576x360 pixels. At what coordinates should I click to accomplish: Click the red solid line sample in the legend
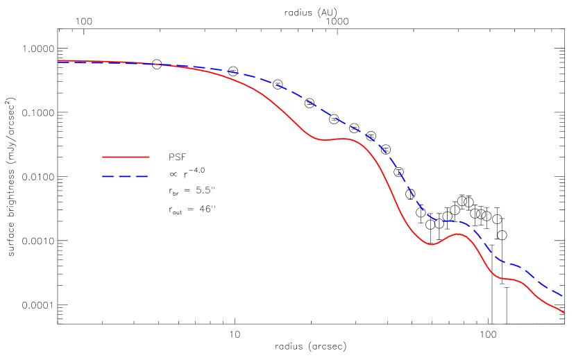point(126,157)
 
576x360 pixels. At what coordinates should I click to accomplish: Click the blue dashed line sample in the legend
point(126,176)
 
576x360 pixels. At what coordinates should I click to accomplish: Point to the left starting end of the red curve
point(59,61)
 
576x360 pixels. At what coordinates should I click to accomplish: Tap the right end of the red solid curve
point(564,313)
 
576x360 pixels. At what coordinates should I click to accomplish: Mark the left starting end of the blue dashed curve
point(59,62)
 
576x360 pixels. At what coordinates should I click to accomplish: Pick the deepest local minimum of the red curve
point(432,244)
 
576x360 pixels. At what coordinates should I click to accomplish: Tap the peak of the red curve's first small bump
point(345,139)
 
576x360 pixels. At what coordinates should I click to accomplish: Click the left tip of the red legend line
point(103,157)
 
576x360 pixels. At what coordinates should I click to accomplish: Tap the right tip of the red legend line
point(149,157)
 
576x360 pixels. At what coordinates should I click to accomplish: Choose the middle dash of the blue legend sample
point(126,176)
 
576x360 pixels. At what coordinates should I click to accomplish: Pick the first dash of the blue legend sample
point(108,176)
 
